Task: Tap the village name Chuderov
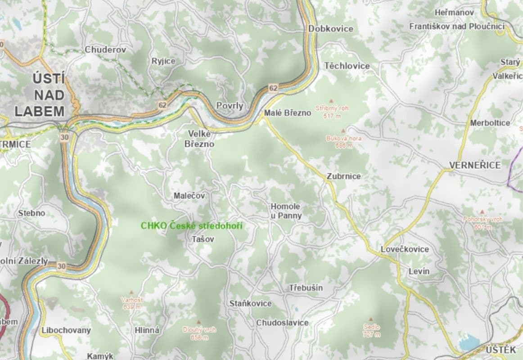point(105,50)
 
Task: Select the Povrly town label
point(230,106)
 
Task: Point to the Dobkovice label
point(331,29)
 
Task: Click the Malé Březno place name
point(288,113)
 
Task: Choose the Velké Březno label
point(199,139)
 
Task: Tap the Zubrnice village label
point(344,176)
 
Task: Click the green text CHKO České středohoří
point(191,226)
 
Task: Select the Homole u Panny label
point(286,211)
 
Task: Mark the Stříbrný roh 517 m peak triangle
point(332,101)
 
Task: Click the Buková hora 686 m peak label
point(343,141)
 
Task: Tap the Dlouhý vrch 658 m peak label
point(199,333)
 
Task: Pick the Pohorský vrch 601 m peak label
point(482,223)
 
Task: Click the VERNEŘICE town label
point(475,165)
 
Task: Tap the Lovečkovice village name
point(405,249)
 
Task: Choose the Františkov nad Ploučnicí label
point(456,27)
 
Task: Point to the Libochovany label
point(66,330)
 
